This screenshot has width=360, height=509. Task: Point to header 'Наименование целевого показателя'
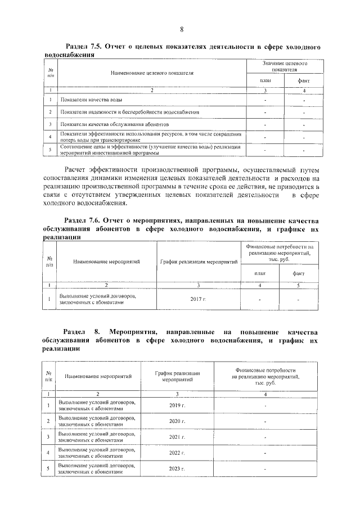(152, 73)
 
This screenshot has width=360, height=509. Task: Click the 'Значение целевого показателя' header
(284, 67)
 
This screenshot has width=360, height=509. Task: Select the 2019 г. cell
(177, 405)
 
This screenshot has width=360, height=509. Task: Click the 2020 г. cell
(177, 421)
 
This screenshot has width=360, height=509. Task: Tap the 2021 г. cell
(177, 436)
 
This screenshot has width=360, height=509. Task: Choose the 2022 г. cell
(177, 452)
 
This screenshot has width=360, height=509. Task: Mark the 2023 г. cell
(177, 468)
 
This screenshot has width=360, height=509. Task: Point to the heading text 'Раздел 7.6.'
(85, 220)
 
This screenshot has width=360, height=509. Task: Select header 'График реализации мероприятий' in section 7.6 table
(198, 262)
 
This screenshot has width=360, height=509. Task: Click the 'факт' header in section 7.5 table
(303, 82)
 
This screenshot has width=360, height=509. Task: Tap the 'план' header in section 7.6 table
(259, 273)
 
